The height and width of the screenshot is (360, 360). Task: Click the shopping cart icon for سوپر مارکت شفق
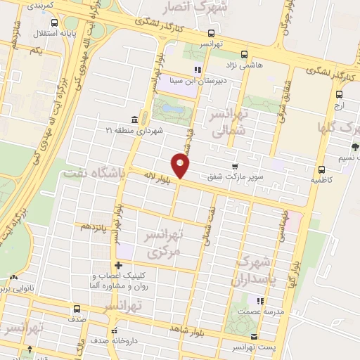click(234, 166)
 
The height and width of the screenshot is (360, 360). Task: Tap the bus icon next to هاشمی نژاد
click(244, 54)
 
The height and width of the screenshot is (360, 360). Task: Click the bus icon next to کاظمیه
click(321, 169)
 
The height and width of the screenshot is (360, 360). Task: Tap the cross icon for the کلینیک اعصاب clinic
click(117, 266)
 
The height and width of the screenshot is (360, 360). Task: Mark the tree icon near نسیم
click(354, 147)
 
